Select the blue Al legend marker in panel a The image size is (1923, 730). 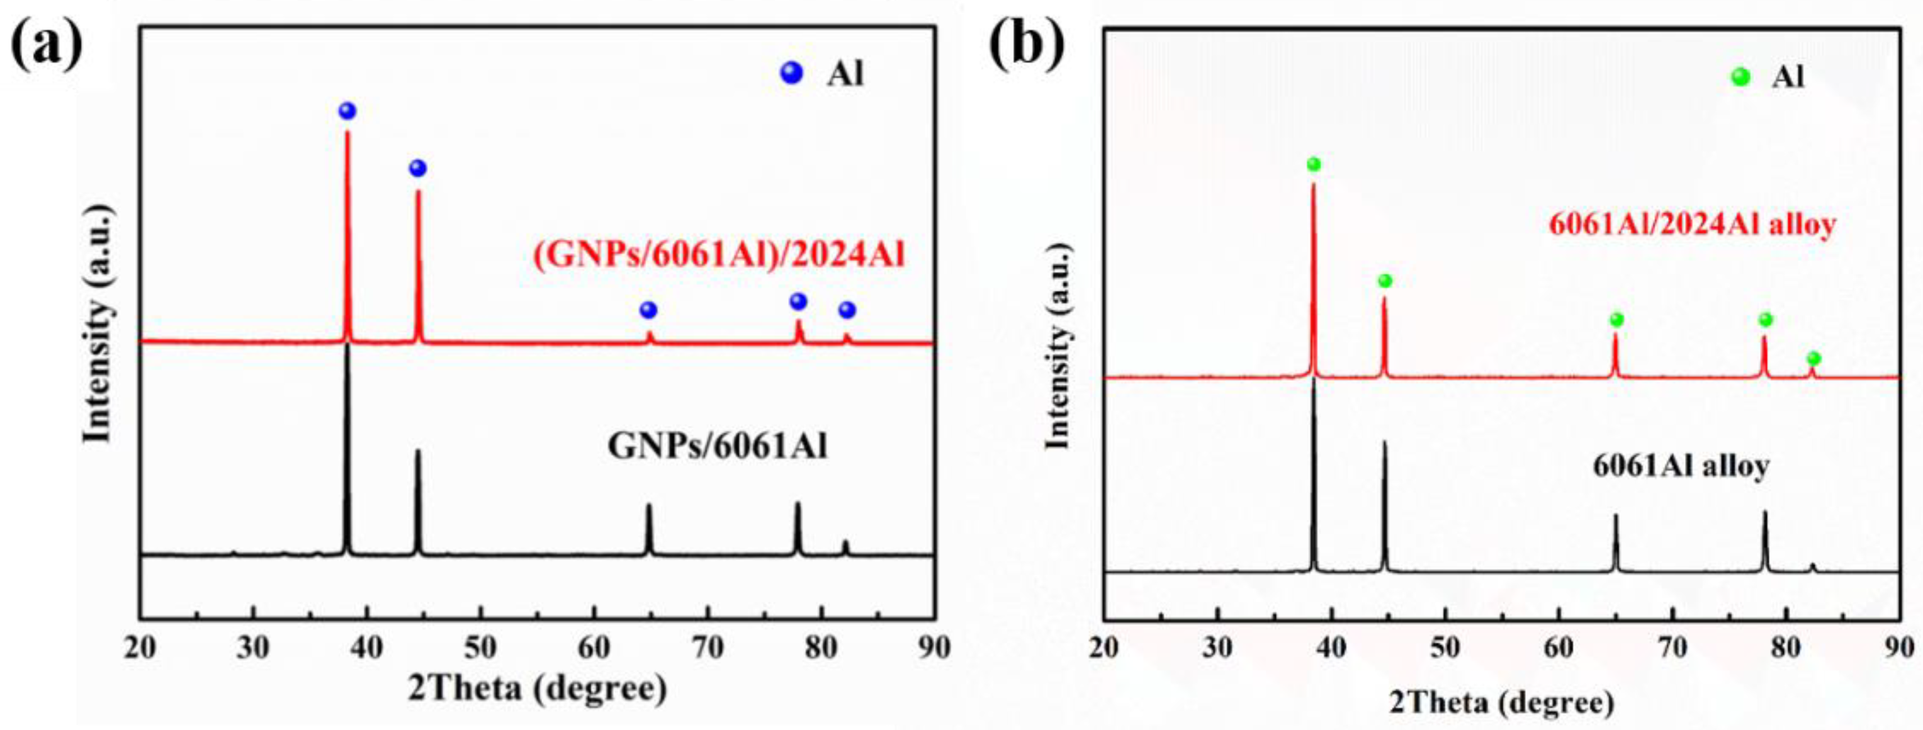click(x=791, y=73)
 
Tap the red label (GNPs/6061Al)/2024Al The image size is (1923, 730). click(x=719, y=255)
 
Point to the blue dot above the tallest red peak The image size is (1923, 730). click(x=347, y=111)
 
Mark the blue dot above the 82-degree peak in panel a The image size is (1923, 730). click(x=847, y=310)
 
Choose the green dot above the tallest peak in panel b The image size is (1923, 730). click(x=1314, y=164)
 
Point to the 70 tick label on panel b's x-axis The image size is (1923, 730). click(x=1673, y=648)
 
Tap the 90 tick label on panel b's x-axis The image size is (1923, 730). click(x=1899, y=648)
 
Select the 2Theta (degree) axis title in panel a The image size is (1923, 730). click(x=537, y=687)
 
